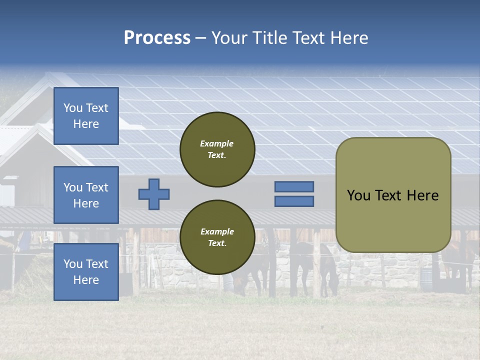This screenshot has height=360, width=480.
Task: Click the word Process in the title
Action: click(157, 38)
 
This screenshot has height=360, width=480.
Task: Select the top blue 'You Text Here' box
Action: click(86, 116)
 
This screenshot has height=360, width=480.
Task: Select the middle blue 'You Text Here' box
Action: click(86, 195)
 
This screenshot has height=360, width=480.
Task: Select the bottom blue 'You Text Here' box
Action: click(86, 272)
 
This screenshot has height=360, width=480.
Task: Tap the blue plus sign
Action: click(154, 194)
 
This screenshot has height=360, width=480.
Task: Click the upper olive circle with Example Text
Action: click(217, 149)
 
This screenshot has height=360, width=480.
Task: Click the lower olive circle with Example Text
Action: click(217, 237)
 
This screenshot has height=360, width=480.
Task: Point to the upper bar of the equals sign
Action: click(294, 186)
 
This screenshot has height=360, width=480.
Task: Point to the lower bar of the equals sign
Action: click(294, 201)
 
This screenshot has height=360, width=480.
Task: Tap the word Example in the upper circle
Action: click(217, 143)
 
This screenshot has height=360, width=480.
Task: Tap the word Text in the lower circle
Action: click(217, 243)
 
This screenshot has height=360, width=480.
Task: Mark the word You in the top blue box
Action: click(73, 108)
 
